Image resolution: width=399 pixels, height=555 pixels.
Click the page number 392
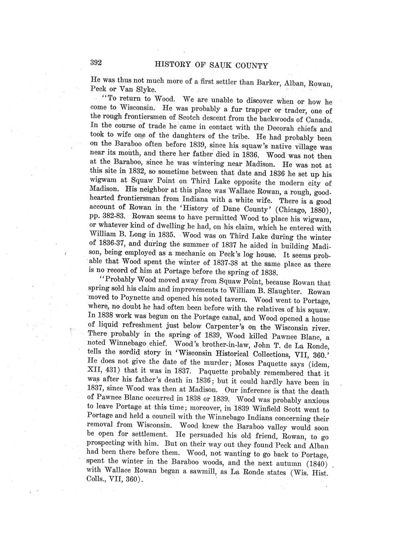point(97,63)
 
